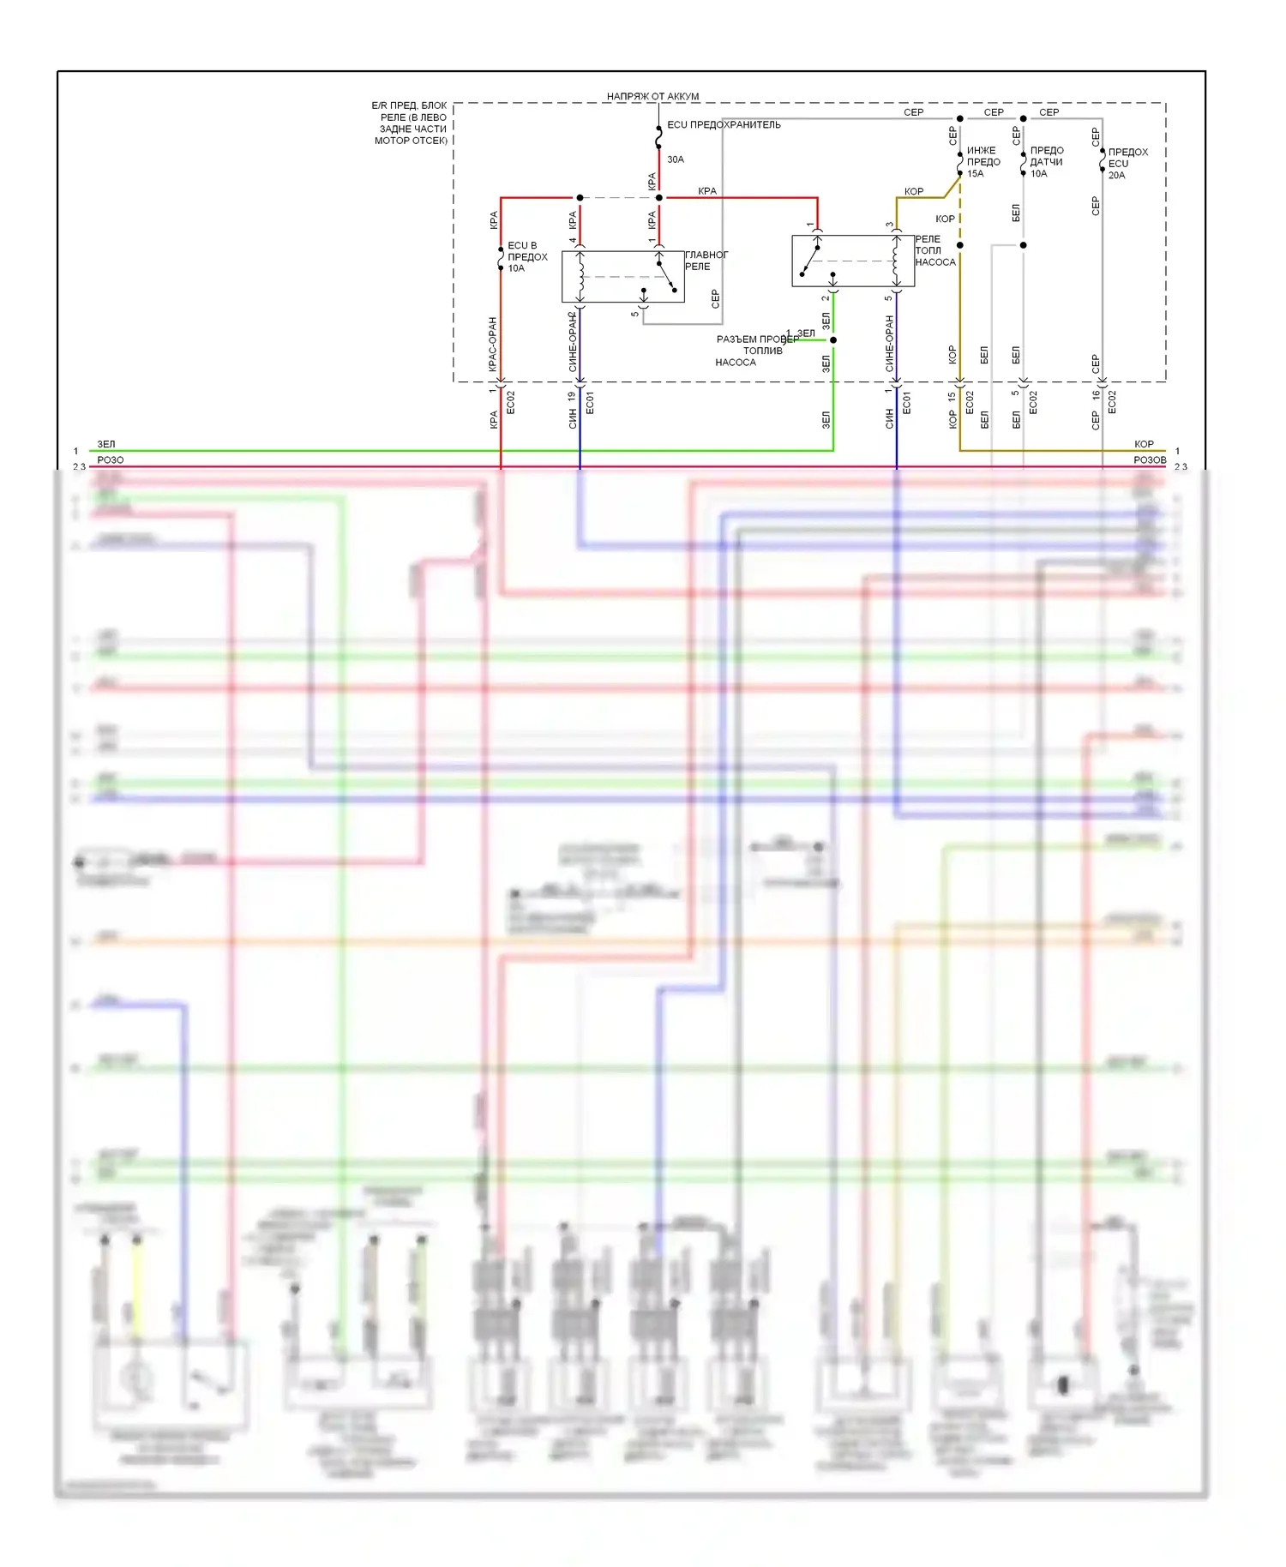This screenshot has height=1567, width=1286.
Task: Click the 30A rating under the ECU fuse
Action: [676, 159]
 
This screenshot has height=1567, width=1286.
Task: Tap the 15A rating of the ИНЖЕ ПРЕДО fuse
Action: [975, 174]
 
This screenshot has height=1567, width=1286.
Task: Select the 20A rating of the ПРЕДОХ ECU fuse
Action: [1116, 176]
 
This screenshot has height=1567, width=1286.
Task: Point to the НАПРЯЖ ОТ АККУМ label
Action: [652, 96]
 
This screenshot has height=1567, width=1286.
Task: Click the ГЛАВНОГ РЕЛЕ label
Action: [706, 261]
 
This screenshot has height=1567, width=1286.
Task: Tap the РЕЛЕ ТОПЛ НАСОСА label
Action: [934, 250]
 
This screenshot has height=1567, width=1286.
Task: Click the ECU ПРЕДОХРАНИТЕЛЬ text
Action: [724, 125]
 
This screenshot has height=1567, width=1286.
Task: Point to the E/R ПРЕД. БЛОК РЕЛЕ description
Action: [410, 123]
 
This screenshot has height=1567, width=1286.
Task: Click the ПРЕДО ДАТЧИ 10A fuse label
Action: [1046, 162]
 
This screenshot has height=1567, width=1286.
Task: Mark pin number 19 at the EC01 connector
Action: [572, 397]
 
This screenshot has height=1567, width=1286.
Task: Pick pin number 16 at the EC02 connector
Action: [1096, 395]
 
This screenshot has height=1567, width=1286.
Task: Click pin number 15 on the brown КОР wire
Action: [952, 397]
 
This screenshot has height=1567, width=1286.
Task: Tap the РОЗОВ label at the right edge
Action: [1150, 460]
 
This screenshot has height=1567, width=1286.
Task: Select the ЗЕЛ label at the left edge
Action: [105, 444]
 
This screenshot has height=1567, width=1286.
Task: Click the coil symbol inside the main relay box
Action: [580, 276]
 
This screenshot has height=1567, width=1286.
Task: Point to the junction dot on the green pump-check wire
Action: [832, 340]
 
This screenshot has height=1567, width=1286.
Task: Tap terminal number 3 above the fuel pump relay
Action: [889, 225]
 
